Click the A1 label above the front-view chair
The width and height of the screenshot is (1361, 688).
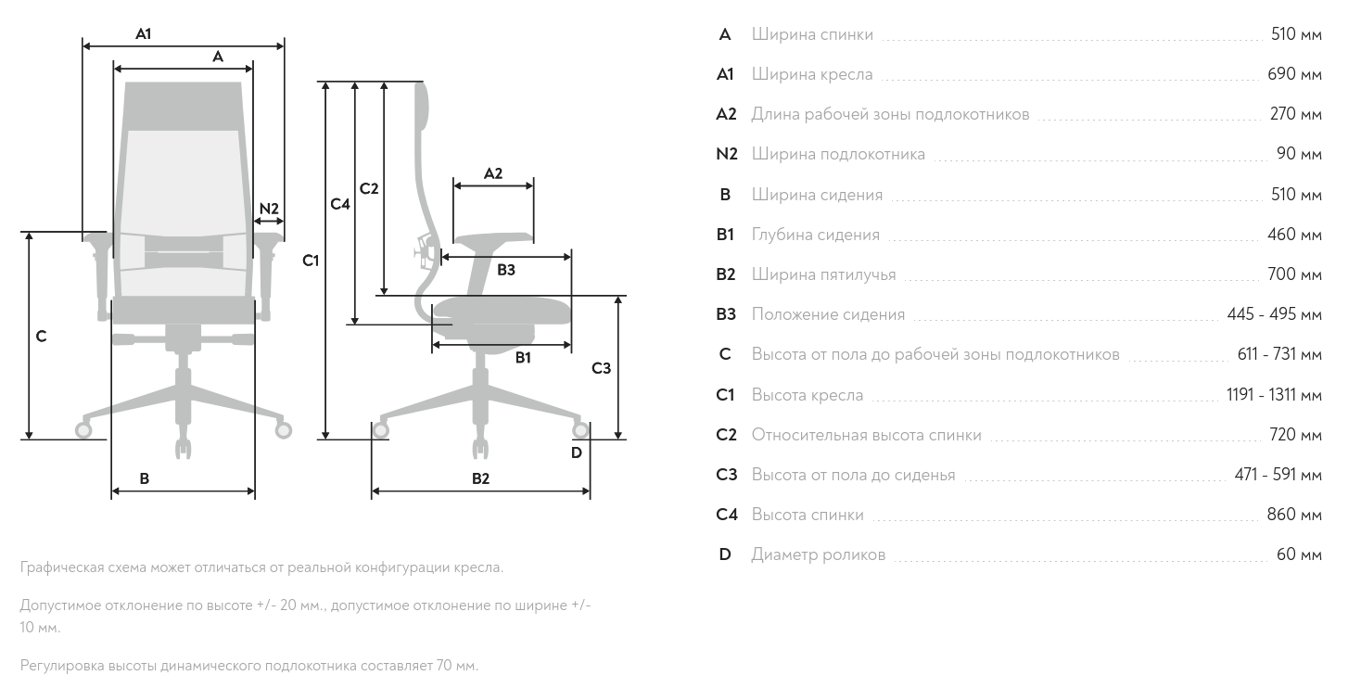pyautogui.click(x=143, y=33)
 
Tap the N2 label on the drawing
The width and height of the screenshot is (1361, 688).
pyautogui.click(x=269, y=209)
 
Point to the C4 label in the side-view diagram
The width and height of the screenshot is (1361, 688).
pyautogui.click(x=340, y=204)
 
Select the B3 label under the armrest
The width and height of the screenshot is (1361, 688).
pyautogui.click(x=506, y=270)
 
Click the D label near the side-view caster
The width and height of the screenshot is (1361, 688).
pyautogui.click(x=576, y=452)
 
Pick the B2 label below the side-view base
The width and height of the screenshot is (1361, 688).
pyautogui.click(x=480, y=478)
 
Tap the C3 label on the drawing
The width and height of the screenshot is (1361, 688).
pyautogui.click(x=602, y=368)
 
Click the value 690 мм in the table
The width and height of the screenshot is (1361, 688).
pyautogui.click(x=1294, y=74)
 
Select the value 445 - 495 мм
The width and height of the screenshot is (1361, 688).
pyautogui.click(x=1274, y=314)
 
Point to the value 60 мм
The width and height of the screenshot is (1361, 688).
pyautogui.click(x=1299, y=554)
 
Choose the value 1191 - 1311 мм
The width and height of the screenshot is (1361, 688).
pyautogui.click(x=1274, y=395)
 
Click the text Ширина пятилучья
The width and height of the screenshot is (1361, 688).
pyautogui.click(x=823, y=274)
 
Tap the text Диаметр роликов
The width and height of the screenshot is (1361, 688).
pyautogui.click(x=818, y=554)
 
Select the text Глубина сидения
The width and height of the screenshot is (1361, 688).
pyautogui.click(x=815, y=235)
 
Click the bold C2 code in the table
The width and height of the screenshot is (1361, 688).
pyautogui.click(x=726, y=435)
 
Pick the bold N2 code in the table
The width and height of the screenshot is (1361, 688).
pyautogui.click(x=726, y=154)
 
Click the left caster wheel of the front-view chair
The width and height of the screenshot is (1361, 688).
pyautogui.click(x=83, y=430)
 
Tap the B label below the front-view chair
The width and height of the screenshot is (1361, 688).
pyautogui.click(x=144, y=478)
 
